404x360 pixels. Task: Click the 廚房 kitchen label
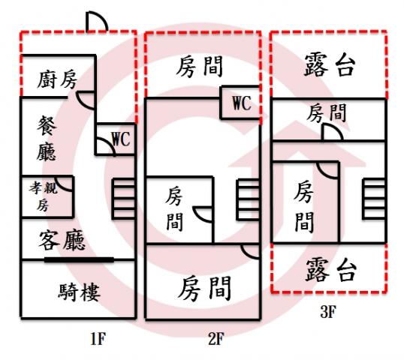coord(57,79)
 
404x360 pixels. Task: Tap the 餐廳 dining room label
coord(47,138)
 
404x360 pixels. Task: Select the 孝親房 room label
coord(43,196)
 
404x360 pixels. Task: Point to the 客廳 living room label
coord(62,240)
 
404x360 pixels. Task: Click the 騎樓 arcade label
coord(79,292)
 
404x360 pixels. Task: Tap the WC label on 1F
coord(122,139)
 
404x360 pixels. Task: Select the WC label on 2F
coord(242,103)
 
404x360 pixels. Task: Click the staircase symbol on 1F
coord(124,199)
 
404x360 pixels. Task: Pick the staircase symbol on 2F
coord(248,199)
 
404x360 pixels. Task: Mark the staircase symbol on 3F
coord(374,199)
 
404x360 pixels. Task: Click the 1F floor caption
coord(98,339)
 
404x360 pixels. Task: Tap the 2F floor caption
coord(216,339)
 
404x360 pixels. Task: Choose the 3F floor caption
coord(328,311)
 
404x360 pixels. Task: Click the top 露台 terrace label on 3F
coord(330,64)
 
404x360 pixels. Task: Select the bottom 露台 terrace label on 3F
coord(331,270)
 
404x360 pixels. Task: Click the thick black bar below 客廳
coord(79,260)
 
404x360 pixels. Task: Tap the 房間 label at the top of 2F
coord(200,67)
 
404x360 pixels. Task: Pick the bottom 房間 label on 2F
coord(204,288)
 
